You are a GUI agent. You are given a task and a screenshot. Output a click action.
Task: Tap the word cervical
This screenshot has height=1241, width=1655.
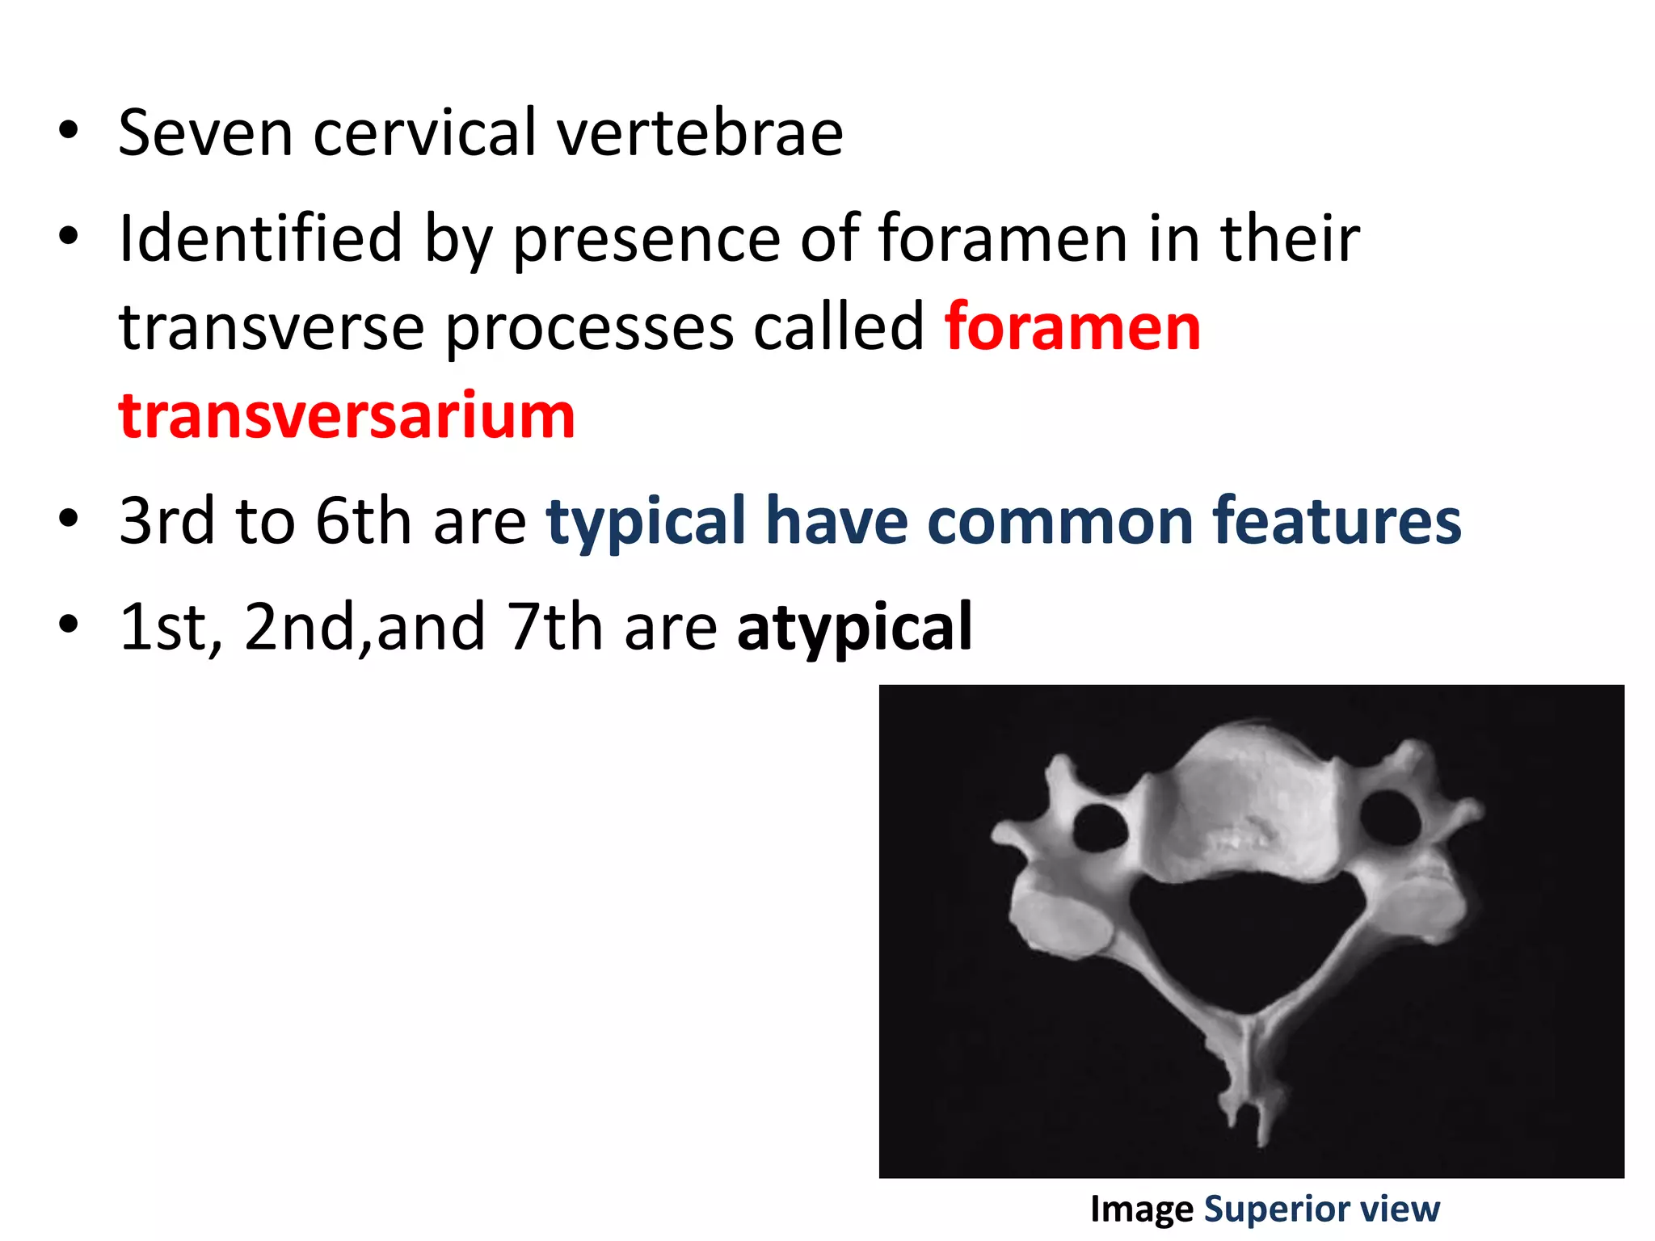(x=425, y=133)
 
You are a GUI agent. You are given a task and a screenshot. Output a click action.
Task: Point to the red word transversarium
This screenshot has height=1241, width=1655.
(x=347, y=415)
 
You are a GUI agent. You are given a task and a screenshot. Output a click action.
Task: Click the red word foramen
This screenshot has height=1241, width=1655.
(x=1072, y=327)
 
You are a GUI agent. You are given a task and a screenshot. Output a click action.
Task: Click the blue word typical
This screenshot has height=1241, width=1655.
(x=646, y=521)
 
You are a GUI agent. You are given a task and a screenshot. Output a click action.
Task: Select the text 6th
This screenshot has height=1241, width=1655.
(x=363, y=521)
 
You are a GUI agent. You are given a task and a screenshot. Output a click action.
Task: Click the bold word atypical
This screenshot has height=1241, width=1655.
(x=854, y=626)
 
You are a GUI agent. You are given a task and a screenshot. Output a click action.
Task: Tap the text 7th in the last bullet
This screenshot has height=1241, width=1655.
(x=554, y=626)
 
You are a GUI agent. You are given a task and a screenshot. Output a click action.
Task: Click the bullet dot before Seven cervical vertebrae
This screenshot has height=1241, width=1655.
(x=69, y=130)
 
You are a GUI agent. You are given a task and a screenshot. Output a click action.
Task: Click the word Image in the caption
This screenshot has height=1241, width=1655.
(x=1141, y=1209)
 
